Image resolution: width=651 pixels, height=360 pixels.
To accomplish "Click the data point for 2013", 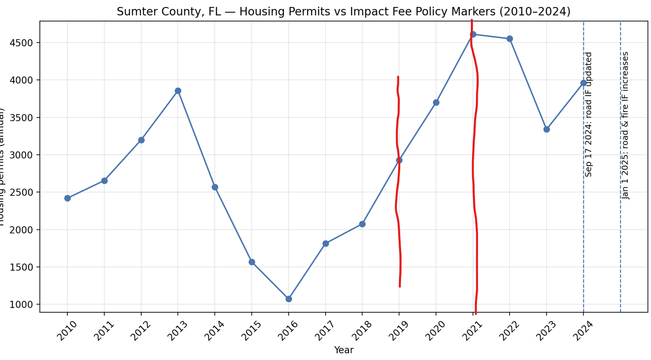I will (178, 91).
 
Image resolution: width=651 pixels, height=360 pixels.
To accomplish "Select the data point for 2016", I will (289, 299).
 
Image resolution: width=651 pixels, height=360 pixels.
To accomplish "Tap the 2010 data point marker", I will (67, 198).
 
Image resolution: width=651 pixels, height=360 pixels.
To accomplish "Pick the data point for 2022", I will (509, 39).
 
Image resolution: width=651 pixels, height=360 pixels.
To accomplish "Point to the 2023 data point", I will (546, 129).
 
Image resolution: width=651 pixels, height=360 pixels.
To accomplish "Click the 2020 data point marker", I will (436, 103).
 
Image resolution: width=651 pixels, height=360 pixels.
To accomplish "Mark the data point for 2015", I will (252, 262).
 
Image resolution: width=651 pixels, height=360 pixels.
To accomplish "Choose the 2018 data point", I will (362, 224).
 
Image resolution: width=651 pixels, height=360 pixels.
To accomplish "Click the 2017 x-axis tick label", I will (325, 331).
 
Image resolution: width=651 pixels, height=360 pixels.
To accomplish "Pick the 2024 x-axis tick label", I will (583, 331).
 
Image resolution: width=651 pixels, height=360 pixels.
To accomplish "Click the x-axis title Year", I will (344, 350).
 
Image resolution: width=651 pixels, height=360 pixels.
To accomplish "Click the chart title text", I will (344, 11).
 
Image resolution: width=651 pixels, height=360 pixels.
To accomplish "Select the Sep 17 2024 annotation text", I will (589, 114).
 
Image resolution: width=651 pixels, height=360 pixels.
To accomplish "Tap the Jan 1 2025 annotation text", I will (626, 125).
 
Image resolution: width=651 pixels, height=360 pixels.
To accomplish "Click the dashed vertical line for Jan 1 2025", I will (620, 246).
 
